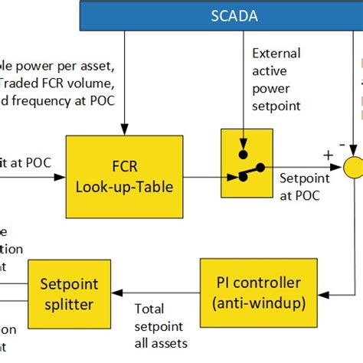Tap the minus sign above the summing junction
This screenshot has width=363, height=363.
(x=341, y=142)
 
